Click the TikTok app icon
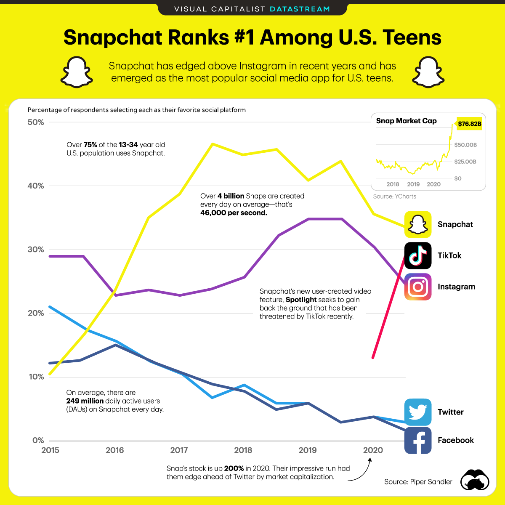pos(418,255)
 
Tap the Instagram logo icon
pos(418,287)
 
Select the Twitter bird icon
pos(418,412)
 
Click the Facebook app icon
pos(418,441)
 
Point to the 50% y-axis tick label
pos(36,122)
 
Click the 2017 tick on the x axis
pos(179,450)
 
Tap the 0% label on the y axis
pos(38,441)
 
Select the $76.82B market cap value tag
pos(469,124)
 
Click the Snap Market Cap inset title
pos(406,121)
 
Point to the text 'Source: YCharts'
pos(394,197)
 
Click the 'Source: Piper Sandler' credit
pos(418,482)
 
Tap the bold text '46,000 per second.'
pos(234,213)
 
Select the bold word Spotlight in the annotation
pos(301,300)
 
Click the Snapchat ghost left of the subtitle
pos(77,72)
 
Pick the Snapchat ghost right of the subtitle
pos(428,72)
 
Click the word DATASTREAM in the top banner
pos(300,9)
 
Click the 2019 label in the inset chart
pos(413,184)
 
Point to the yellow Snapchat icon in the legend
pos(418,224)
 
